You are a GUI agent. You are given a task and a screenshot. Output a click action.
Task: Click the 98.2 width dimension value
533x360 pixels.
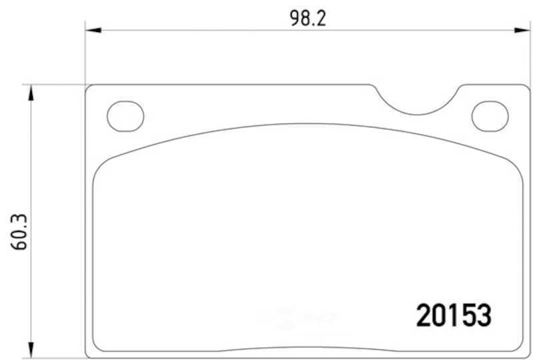tap(308, 19)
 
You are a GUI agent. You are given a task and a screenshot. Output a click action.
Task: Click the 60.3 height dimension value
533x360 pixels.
tap(19, 232)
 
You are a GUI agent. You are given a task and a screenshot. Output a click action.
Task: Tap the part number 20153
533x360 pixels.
tap(454, 315)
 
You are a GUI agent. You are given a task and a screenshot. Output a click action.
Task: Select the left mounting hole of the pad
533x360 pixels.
tap(125, 117)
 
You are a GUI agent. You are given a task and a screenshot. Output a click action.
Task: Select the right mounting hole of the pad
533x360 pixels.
tap(490, 117)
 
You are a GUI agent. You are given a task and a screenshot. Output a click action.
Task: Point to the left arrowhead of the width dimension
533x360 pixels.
tap(93, 30)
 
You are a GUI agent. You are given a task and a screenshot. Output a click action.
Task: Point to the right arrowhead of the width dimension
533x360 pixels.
tap(522, 30)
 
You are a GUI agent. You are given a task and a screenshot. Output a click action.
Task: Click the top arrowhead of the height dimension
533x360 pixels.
tap(31, 93)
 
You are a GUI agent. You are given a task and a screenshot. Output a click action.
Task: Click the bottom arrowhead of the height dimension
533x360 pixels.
tap(31, 350)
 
